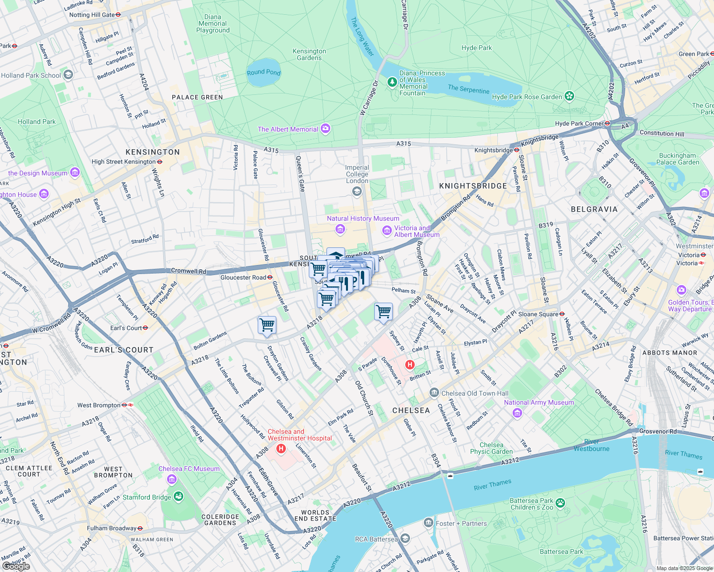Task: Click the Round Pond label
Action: click(263, 72)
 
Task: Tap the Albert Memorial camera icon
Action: click(325, 129)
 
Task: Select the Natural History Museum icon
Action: click(340, 230)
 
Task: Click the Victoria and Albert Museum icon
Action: click(387, 231)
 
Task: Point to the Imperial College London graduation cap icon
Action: click(357, 192)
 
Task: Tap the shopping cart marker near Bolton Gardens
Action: click(267, 326)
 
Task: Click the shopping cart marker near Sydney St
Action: click(384, 312)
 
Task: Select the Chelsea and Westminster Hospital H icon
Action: click(281, 449)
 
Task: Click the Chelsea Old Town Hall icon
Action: click(434, 393)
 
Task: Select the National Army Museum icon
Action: click(517, 413)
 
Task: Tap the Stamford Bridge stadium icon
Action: click(178, 497)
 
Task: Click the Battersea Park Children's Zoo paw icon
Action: click(560, 503)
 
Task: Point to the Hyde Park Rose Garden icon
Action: click(569, 96)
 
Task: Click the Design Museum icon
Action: click(75, 173)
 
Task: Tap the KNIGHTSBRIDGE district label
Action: click(472, 186)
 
